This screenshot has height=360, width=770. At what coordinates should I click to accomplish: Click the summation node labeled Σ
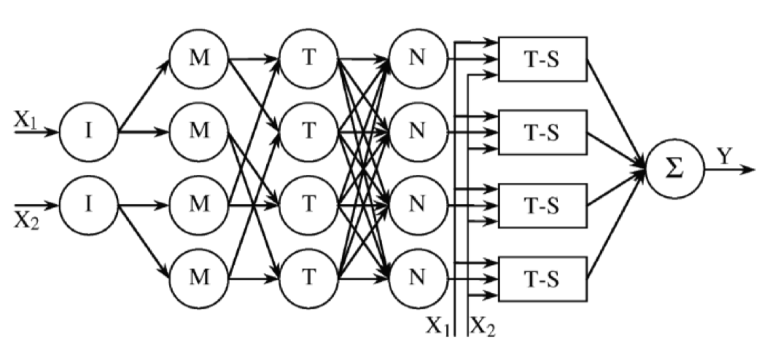[675, 169]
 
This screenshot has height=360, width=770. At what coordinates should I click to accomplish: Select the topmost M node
[199, 58]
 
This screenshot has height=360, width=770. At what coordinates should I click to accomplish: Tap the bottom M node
[199, 279]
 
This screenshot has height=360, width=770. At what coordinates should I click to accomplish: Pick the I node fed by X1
[88, 132]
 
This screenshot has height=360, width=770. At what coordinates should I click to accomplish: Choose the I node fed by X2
[88, 206]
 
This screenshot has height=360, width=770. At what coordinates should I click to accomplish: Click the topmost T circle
[308, 58]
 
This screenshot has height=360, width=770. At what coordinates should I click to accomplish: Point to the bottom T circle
[308, 279]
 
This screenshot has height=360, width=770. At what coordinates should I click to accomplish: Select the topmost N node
[418, 58]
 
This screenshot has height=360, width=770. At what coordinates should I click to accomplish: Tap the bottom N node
[418, 279]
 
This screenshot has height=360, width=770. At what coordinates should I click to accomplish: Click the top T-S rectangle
[542, 59]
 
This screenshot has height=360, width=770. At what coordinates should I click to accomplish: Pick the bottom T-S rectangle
[542, 279]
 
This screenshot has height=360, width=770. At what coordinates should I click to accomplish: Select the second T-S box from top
[542, 133]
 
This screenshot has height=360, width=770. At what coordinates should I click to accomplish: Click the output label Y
[724, 157]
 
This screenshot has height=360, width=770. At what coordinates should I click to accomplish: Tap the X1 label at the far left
[25, 121]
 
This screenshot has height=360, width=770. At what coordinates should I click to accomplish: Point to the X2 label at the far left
[26, 223]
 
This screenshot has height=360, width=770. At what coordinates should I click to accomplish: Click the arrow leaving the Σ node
[729, 170]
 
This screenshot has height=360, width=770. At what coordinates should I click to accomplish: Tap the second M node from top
[199, 132]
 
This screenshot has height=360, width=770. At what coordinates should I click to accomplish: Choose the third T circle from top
[308, 206]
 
